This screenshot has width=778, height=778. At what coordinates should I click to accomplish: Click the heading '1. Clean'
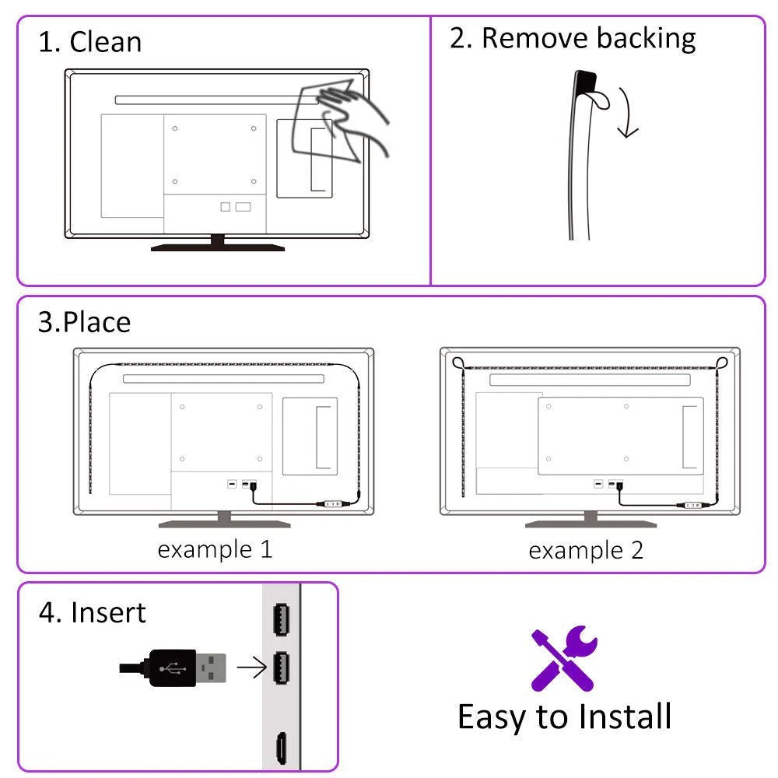pos(90,41)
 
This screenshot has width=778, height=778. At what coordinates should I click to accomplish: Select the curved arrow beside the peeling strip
pos(627,113)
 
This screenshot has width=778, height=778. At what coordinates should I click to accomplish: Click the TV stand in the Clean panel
pos(218,244)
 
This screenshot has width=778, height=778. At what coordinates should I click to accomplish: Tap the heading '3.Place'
pos(84,322)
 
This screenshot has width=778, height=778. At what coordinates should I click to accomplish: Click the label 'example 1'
pos(215,549)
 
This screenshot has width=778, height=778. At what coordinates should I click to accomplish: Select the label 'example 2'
pos(586,551)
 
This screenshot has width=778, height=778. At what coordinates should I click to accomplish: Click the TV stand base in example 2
pos(591,523)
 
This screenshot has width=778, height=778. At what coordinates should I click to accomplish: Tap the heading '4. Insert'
pos(92,612)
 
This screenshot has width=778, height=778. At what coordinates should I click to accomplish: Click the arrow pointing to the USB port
pos(251,667)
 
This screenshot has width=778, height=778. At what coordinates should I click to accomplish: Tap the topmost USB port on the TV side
pos(282,619)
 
